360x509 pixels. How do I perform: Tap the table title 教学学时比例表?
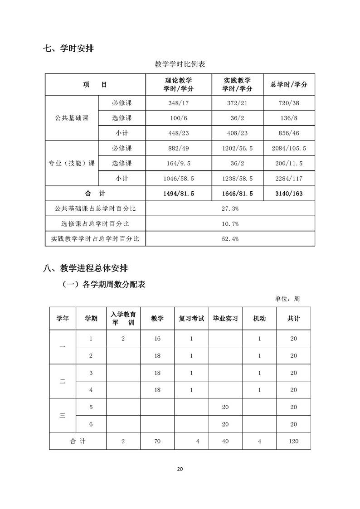click(180, 64)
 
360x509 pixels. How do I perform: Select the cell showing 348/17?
click(178, 103)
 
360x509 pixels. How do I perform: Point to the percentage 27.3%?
click(230, 208)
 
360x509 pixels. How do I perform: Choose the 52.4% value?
click(230, 238)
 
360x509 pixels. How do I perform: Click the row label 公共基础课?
click(71, 118)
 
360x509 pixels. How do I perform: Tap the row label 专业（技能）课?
click(71, 163)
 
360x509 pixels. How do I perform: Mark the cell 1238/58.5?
click(237, 178)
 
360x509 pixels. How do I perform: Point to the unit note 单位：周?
click(287, 299)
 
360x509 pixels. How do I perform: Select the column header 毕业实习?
click(225, 319)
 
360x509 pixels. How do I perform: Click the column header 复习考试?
click(191, 319)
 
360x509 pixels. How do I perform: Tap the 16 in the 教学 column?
click(157, 339)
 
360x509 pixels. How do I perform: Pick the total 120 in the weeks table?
click(293, 441)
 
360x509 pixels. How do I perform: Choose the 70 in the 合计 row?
click(157, 441)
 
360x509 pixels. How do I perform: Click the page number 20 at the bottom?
click(180, 469)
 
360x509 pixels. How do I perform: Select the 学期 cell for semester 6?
click(91, 424)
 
